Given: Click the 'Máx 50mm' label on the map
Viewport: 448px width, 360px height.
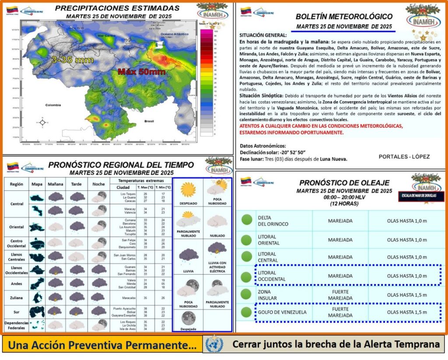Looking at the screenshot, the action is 141,72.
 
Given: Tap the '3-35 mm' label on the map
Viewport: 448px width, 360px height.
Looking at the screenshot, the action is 72,59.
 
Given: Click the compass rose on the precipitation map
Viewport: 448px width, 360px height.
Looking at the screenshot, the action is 42,122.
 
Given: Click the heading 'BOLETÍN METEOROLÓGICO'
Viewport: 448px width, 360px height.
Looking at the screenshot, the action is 344,17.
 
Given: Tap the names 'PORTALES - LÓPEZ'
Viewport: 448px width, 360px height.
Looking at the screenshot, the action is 404,157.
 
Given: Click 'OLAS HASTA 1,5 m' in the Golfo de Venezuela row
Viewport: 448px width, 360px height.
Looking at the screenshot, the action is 406,312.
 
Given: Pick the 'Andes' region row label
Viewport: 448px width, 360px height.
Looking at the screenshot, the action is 16,283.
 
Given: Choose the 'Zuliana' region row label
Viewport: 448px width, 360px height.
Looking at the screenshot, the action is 16,298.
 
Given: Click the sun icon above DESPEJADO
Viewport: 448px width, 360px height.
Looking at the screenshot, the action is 188,189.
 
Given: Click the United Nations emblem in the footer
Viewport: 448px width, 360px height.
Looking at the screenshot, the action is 214,344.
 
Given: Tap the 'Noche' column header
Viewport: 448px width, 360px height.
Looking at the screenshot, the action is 98,184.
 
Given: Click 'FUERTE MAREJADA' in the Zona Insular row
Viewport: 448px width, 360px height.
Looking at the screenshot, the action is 340,294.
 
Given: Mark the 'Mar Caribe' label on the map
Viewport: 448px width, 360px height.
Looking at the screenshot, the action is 106,35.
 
